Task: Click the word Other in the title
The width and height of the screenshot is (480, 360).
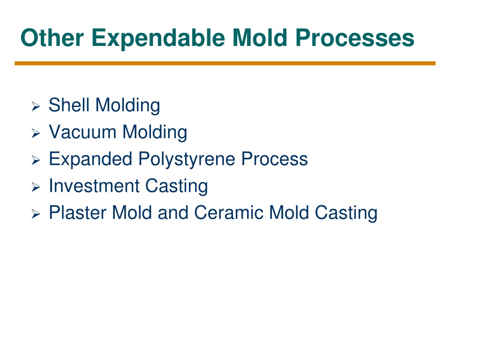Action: point(52,37)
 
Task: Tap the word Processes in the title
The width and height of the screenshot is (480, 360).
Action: point(355,38)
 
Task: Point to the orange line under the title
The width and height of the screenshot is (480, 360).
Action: point(225,63)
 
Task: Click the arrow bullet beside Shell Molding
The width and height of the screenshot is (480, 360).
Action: point(36,106)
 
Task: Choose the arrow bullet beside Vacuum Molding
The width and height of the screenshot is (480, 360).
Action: point(36,133)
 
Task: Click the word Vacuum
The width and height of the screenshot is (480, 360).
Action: point(82,132)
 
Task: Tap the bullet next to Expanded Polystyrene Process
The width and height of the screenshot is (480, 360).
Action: point(36,160)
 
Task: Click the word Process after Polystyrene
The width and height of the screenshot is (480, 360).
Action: point(274,159)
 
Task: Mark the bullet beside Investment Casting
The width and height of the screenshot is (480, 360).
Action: point(36,187)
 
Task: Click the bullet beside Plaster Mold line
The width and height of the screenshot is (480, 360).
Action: point(36,214)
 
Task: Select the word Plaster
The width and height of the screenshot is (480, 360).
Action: point(77,213)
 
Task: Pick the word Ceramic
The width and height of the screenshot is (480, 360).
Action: point(229,213)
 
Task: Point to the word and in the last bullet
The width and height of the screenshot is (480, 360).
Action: point(173,213)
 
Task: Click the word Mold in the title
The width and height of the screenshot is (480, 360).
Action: point(260,37)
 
